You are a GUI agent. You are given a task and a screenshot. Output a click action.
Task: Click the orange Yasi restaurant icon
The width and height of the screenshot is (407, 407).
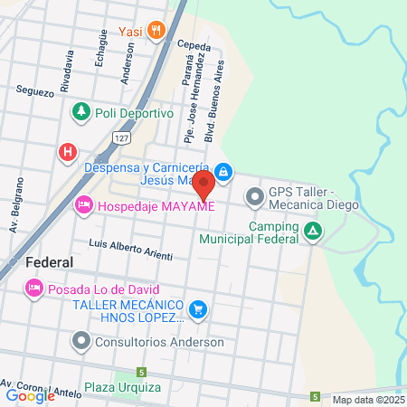(157, 31)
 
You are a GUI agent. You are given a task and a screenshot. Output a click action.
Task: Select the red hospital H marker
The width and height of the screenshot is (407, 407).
(67, 152)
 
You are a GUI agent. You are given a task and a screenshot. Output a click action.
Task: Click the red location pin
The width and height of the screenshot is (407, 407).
(203, 185)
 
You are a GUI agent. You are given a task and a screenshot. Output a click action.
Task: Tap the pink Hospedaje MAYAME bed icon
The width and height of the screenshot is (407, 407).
(83, 205)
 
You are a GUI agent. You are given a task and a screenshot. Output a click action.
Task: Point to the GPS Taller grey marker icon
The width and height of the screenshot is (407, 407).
(254, 195)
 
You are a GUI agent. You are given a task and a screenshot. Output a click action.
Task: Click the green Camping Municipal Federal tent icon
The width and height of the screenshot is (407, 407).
(312, 232)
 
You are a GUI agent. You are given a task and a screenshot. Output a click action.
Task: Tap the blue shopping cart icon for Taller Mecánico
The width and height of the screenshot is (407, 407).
(198, 311)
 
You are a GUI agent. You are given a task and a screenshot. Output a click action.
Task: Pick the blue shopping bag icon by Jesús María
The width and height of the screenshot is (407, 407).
(224, 171)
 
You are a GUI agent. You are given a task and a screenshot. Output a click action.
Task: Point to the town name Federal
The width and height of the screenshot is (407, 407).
(50, 261)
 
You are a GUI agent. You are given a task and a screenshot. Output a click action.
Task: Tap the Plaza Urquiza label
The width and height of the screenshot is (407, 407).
(123, 388)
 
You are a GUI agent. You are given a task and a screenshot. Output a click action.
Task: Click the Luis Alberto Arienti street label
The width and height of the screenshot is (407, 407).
(130, 250)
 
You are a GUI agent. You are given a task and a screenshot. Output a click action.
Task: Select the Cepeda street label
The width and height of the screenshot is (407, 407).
(194, 44)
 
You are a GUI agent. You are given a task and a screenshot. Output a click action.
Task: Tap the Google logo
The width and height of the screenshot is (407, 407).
(31, 395)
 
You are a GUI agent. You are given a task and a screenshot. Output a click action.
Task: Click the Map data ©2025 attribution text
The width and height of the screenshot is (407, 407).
(368, 400)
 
